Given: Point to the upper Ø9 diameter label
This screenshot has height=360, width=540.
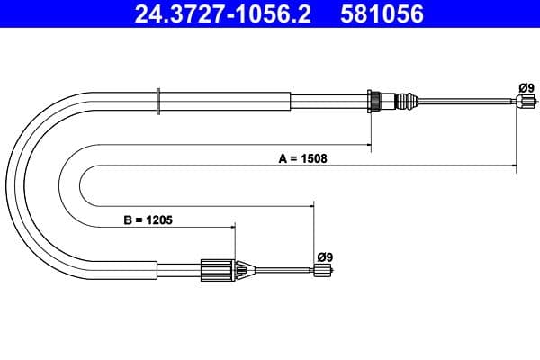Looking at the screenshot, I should [x=526, y=87].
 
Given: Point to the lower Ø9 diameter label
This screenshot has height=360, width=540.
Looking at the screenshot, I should [x=325, y=256].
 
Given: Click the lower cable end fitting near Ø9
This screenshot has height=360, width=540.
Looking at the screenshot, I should [x=320, y=271].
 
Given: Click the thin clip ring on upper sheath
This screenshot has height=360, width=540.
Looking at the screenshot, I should [x=158, y=101].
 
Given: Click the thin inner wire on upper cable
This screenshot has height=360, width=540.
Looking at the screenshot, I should [x=468, y=102].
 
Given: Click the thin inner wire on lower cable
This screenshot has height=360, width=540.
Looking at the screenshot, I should [x=283, y=269].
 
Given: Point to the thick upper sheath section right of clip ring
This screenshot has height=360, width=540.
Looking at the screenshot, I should [x=225, y=101].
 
